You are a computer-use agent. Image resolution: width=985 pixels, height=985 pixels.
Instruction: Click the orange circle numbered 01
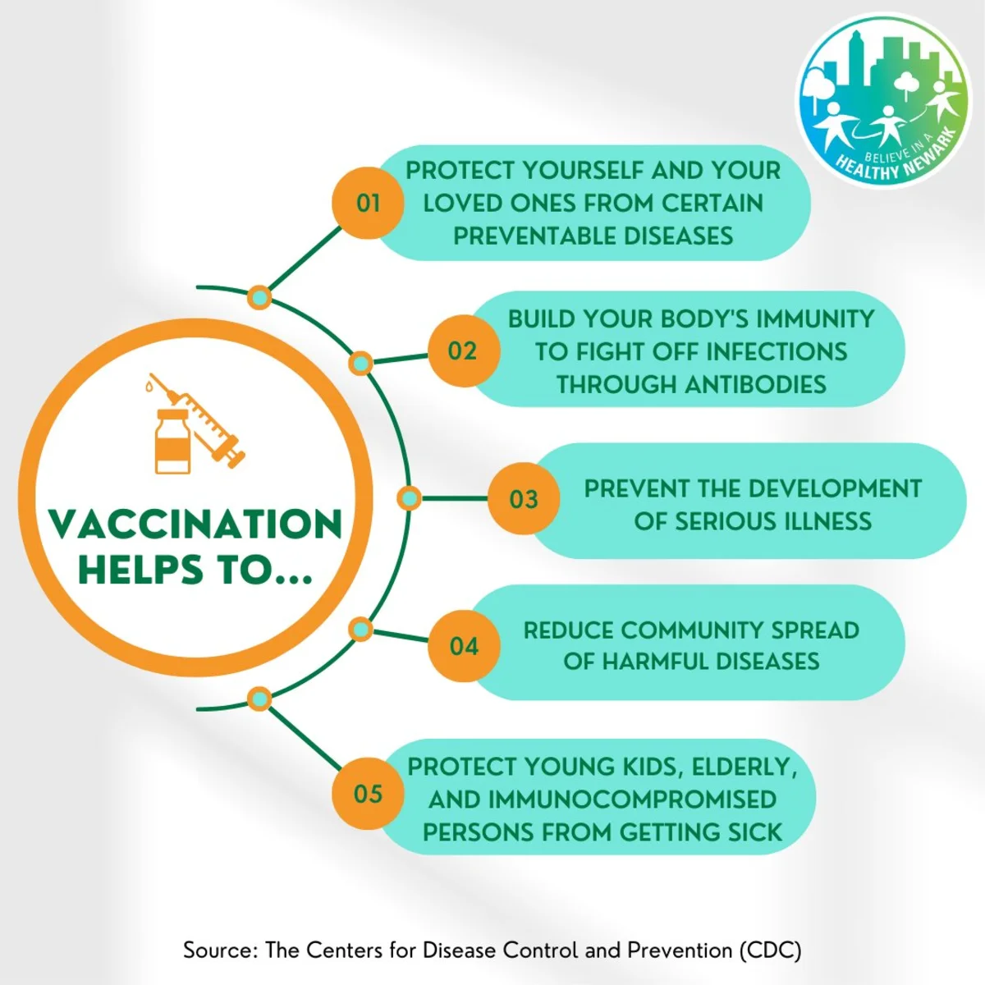pyautogui.click(x=368, y=203)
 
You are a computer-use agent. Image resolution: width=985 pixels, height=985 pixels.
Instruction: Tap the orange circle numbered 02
pyautogui.click(x=463, y=350)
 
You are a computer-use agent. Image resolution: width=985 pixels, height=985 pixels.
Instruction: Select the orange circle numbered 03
pyautogui.click(x=524, y=498)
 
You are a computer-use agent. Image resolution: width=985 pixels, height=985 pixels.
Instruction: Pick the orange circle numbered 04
pyautogui.click(x=463, y=646)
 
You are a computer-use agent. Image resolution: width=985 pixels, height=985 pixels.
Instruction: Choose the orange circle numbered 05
pyautogui.click(x=368, y=793)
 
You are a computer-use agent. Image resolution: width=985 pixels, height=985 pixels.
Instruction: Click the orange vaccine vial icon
pyautogui.click(x=172, y=441)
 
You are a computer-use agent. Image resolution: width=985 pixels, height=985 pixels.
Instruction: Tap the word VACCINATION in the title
pyautogui.click(x=196, y=524)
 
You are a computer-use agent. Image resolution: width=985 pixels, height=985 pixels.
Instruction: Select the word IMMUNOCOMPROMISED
pyautogui.click(x=632, y=799)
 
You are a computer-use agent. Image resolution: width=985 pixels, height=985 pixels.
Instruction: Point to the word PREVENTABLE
pyautogui.click(x=529, y=236)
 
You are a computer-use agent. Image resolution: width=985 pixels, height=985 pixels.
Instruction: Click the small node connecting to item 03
pyautogui.click(x=409, y=498)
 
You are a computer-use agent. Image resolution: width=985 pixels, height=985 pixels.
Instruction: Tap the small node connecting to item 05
pyautogui.click(x=259, y=699)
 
